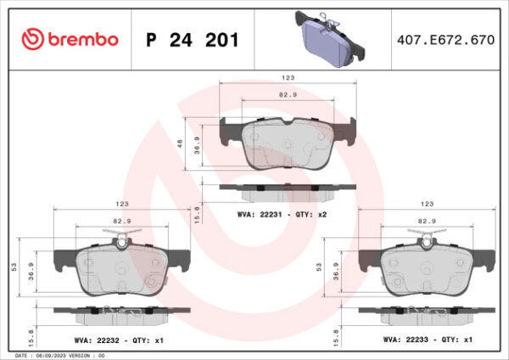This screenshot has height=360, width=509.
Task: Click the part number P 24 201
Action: (x=193, y=41)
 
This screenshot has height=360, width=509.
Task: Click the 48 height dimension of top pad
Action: (x=180, y=143)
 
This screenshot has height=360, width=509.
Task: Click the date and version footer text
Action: (x=59, y=355)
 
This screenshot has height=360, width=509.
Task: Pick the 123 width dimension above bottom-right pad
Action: (x=427, y=205)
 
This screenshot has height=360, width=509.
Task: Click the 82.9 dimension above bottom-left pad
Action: (x=121, y=221)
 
